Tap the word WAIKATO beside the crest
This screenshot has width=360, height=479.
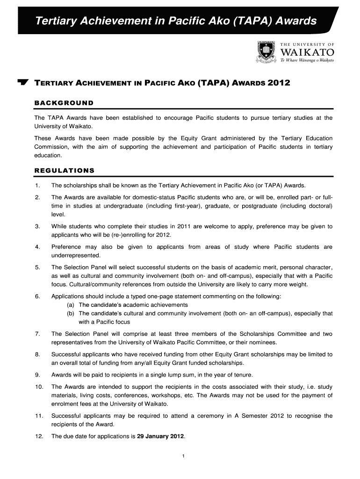tap(306, 51)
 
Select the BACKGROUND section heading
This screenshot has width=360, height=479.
tap(64, 103)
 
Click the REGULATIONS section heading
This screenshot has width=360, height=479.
tap(65, 170)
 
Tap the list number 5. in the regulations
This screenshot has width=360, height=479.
tap(37, 268)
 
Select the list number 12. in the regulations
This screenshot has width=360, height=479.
tap(39, 436)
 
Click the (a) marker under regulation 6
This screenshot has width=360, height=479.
tap(72, 305)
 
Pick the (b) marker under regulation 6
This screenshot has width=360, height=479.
tap(72, 313)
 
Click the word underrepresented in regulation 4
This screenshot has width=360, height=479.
tap(76, 256)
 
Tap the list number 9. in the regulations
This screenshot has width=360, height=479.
tap(37, 375)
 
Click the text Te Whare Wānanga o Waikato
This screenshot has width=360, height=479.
tap(307, 61)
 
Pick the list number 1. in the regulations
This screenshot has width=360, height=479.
tap(37, 185)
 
